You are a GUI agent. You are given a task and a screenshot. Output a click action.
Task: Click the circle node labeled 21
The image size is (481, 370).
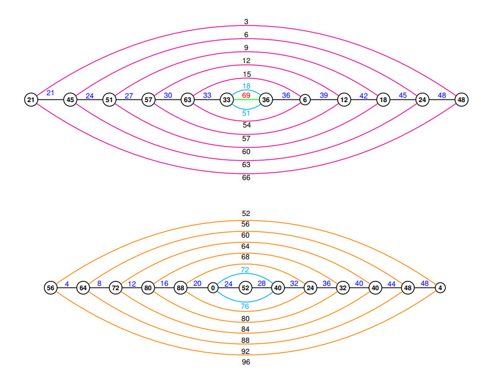click(x=31, y=99)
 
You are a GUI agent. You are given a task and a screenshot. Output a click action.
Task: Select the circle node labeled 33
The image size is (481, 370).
click(x=227, y=99)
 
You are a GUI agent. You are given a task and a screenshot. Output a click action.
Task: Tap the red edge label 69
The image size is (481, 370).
click(x=246, y=95)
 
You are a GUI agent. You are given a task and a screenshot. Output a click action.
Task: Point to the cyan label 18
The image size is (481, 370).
click(x=246, y=86)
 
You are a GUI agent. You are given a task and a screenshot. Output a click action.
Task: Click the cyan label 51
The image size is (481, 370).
click(x=246, y=113)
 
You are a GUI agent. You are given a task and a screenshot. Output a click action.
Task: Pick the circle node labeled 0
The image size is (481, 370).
click(x=213, y=288)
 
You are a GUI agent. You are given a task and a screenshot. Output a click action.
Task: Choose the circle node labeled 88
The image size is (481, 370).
click(x=180, y=288)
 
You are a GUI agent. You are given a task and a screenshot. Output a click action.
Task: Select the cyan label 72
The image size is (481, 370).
click(x=245, y=270)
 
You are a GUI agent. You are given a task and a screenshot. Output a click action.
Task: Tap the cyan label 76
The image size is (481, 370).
click(x=245, y=305)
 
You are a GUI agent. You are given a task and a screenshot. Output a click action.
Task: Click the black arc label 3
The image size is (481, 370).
click(x=246, y=22)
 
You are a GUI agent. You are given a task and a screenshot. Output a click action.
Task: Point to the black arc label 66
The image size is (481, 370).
click(x=246, y=178)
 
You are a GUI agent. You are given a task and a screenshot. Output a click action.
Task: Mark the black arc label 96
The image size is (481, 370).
click(x=246, y=362)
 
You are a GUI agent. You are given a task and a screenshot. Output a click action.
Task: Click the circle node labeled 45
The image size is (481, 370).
click(x=70, y=99)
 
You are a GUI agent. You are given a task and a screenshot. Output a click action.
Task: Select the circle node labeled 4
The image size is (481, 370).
click(x=440, y=288)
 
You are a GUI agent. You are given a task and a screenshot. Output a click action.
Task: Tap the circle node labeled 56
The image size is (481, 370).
click(x=51, y=288)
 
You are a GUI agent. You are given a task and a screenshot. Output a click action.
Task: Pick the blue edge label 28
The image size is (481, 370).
click(x=262, y=283)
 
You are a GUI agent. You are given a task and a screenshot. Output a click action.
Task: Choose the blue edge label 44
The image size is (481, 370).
click(x=392, y=283)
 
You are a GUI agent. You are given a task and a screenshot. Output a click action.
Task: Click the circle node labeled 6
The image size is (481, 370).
click(x=305, y=99)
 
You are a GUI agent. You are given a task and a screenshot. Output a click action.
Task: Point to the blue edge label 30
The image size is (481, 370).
click(x=168, y=95)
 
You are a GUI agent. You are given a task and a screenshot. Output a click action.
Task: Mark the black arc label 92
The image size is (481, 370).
click(x=246, y=351)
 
